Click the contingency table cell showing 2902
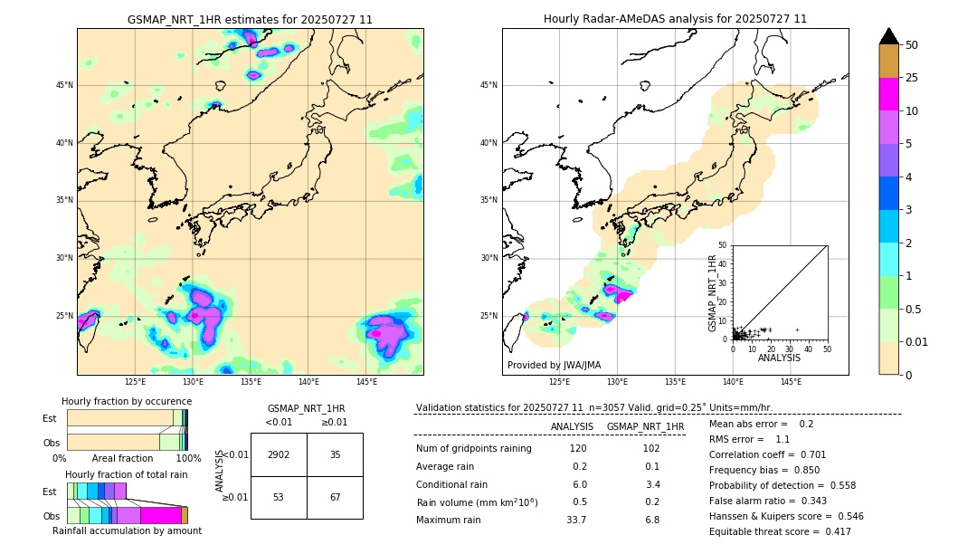(x=279, y=454)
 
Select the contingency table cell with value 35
(x=335, y=454)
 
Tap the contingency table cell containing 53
(x=279, y=498)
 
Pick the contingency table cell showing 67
(x=335, y=498)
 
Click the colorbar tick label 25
(x=912, y=78)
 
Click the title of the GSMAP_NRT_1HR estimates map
(x=250, y=19)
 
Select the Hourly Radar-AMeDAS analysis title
(x=675, y=19)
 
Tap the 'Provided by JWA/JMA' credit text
(x=554, y=365)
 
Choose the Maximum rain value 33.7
(x=576, y=520)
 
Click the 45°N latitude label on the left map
(x=64, y=85)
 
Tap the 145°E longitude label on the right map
(x=791, y=382)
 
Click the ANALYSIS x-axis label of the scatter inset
(x=779, y=358)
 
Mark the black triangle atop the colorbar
(x=889, y=36)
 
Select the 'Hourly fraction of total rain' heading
(x=127, y=474)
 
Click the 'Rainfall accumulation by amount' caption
(x=127, y=530)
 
